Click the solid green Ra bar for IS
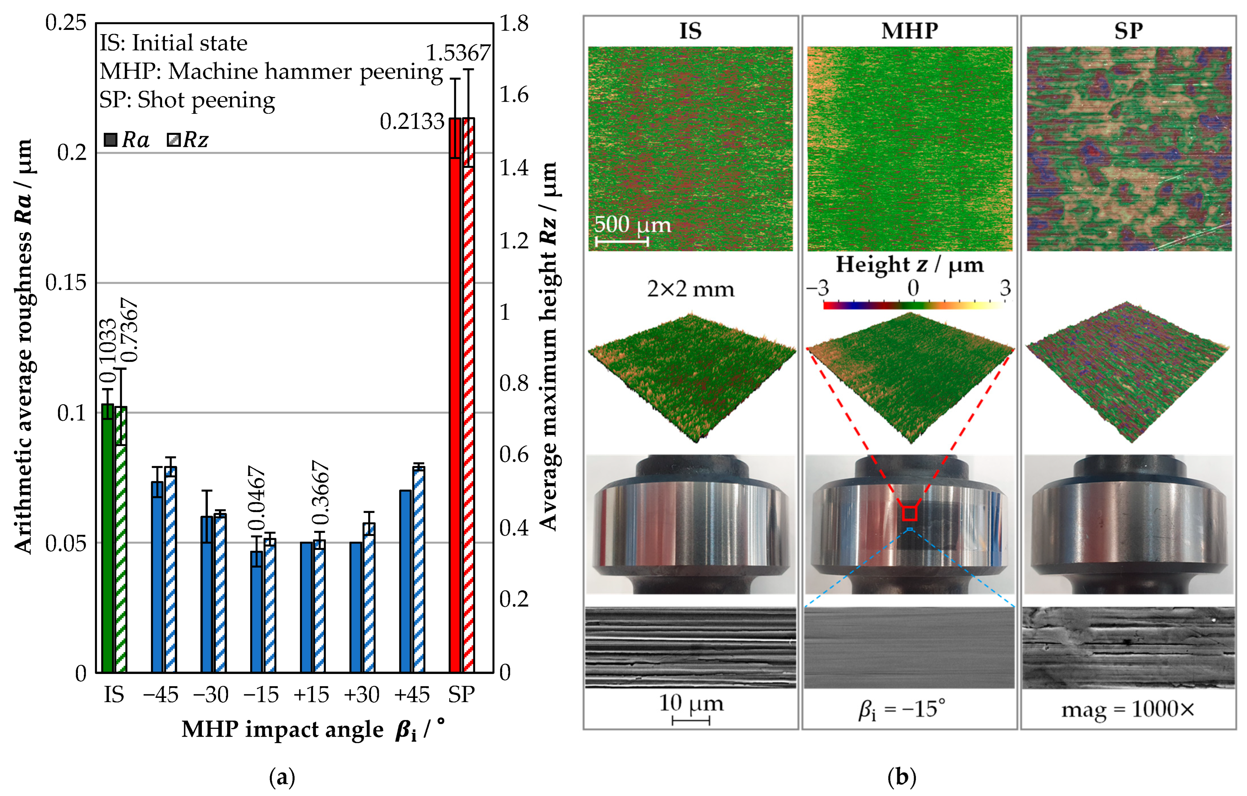pos(107,538)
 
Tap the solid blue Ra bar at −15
pos(256,612)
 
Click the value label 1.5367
pos(458,53)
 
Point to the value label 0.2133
pos(412,121)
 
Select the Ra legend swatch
pos(110,140)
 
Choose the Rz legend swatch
pos(173,140)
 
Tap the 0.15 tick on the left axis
pos(65,283)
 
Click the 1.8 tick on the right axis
pos(514,23)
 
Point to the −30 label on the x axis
pos(211,694)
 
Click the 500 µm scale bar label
pos(632,224)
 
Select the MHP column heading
pos(910,31)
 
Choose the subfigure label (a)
pos(282,778)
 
